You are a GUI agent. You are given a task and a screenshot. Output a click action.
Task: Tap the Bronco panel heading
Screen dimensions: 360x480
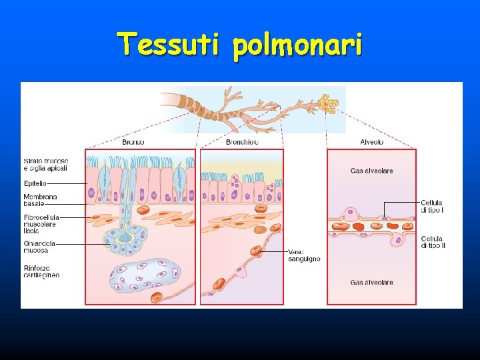[x=133, y=142]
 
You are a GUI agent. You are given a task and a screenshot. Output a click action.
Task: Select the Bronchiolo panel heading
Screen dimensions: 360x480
[x=242, y=142]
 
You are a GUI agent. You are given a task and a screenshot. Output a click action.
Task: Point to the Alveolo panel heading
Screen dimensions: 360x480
[x=371, y=142]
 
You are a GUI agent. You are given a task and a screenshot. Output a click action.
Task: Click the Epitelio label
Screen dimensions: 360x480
[x=35, y=182]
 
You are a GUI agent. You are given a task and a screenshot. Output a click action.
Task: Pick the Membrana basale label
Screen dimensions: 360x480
[x=40, y=200]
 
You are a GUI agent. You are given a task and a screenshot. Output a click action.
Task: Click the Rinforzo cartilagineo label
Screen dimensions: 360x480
[x=41, y=271]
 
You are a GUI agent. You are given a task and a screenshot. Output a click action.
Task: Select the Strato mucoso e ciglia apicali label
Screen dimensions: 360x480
[x=45, y=165]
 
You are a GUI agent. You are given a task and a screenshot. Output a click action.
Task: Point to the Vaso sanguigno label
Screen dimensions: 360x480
[x=304, y=255]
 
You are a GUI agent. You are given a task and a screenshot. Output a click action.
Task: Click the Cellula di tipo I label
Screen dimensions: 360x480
[x=432, y=206]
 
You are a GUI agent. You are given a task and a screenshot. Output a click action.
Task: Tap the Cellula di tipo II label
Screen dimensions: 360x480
[x=433, y=242]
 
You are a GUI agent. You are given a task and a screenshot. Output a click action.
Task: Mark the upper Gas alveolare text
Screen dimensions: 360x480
[x=371, y=171]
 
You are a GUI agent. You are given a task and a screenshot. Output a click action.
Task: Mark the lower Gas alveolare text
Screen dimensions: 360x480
[x=371, y=283]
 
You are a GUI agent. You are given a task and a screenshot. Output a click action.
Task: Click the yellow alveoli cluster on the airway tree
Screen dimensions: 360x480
[x=327, y=103]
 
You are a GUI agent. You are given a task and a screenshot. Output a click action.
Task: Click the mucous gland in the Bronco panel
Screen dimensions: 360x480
[x=121, y=237]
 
